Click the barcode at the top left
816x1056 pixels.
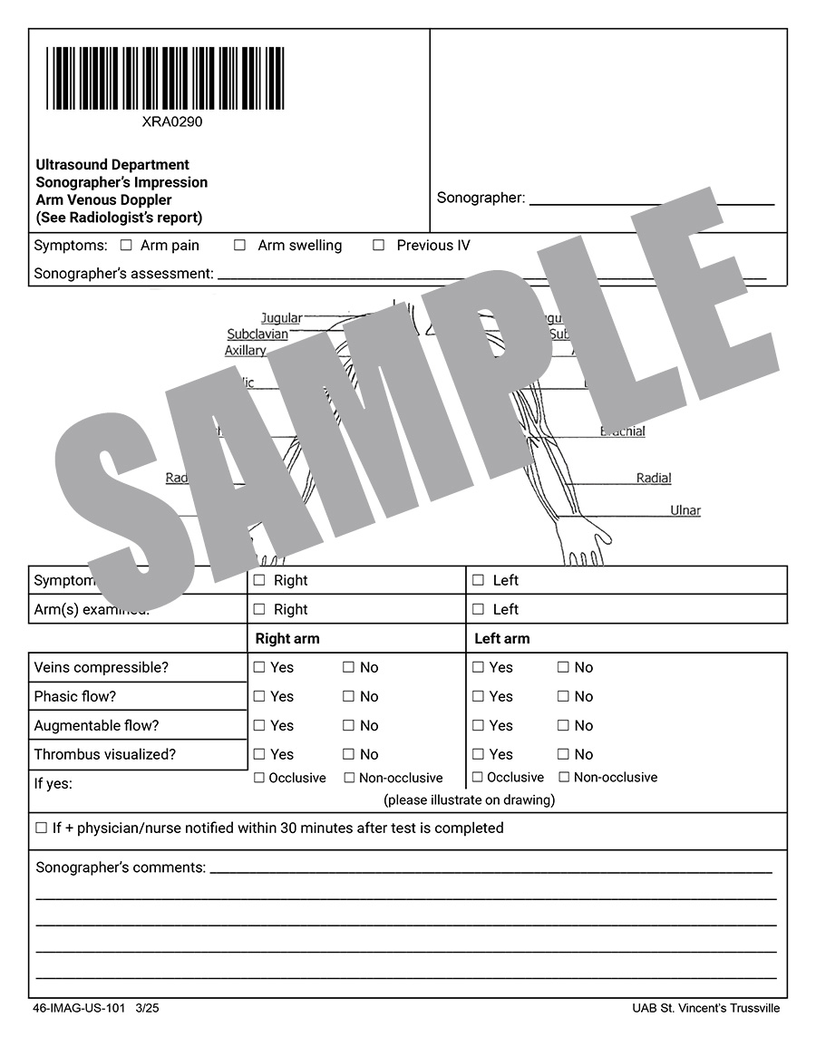pos(165,78)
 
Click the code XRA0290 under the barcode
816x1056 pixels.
pos(172,121)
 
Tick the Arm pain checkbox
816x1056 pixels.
pos(126,245)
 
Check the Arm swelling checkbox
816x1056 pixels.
pos(239,245)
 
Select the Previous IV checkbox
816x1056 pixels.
pos(378,245)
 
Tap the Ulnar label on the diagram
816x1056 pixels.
pos(685,510)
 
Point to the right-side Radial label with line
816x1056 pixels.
pos(654,478)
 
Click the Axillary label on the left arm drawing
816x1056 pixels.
pos(246,351)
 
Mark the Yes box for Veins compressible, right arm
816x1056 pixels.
pos(259,667)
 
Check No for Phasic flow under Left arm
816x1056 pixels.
pos(563,696)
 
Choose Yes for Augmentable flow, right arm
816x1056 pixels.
pos(259,725)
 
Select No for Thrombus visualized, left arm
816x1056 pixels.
pos(563,754)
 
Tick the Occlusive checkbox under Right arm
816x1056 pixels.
pos(259,778)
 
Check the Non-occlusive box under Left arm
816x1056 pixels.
pos(564,777)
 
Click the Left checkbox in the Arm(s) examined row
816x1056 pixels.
pos(478,609)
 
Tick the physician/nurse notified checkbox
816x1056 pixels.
pos(41,828)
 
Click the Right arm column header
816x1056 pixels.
pos(287,638)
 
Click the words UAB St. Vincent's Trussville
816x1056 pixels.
pos(705,1008)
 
